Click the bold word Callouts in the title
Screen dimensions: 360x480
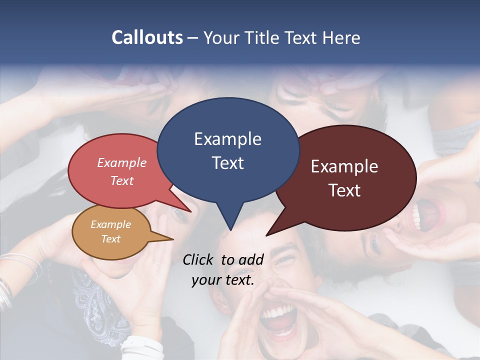[x=147, y=37]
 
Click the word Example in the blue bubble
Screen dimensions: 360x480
[x=227, y=139]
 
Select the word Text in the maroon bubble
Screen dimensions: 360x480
[x=344, y=190]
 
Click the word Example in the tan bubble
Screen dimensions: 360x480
[x=110, y=224]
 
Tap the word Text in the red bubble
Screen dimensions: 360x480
[x=121, y=180]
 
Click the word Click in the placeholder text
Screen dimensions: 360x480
[x=200, y=259]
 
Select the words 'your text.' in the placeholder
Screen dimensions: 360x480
[x=223, y=280]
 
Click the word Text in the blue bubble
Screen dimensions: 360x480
[x=227, y=163]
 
